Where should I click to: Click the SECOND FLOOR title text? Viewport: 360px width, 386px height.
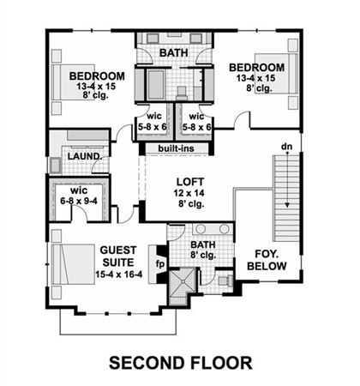[181, 363]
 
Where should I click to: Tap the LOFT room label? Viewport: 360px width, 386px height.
[190, 182]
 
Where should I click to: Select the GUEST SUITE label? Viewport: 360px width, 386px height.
[118, 256]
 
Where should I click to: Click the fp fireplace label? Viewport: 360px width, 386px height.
[160, 264]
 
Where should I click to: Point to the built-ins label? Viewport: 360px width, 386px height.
[176, 148]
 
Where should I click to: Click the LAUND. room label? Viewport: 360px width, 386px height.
[85, 156]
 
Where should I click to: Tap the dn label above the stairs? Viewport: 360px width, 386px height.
[286, 147]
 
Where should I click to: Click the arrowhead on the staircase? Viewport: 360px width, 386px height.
[287, 205]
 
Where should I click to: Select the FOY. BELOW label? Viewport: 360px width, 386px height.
[267, 260]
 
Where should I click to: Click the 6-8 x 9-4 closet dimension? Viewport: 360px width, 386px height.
[79, 201]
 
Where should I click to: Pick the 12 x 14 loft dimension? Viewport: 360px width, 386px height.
[189, 193]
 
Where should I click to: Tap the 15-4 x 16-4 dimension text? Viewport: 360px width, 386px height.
[119, 274]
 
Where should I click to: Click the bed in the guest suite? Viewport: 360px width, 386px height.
[73, 264]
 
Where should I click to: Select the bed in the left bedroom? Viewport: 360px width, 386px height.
[73, 82]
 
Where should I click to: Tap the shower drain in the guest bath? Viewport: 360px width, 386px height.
[183, 281]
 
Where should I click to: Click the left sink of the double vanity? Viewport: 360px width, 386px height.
[201, 229]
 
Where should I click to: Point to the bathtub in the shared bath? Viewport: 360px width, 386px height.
[156, 85]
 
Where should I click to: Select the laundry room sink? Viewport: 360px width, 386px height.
[55, 166]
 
